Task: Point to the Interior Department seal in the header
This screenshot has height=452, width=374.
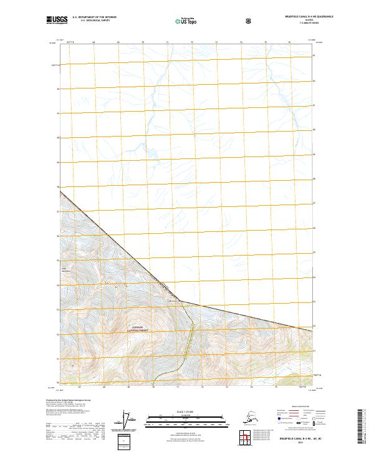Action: click(x=249, y=21)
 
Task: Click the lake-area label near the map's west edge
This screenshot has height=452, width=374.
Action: click(x=67, y=270)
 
